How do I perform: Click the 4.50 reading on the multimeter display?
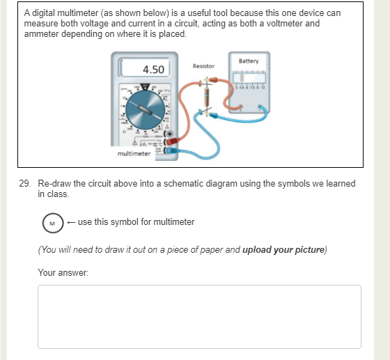(153, 70)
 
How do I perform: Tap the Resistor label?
(203, 65)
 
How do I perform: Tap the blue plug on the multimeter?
(171, 150)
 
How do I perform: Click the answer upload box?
(199, 316)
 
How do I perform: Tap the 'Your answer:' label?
(57, 272)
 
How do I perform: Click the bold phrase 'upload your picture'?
(283, 249)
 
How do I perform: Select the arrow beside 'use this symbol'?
(72, 222)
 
